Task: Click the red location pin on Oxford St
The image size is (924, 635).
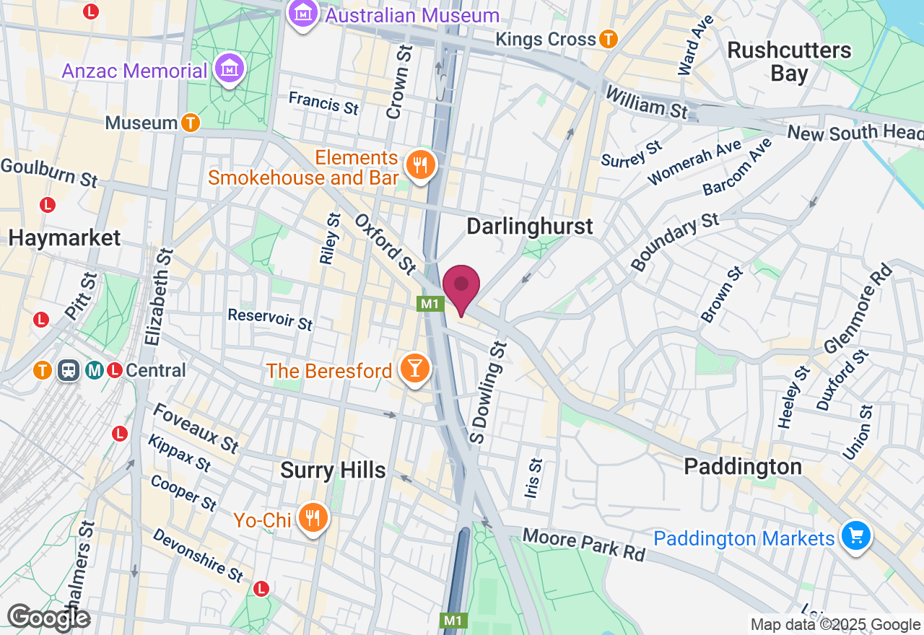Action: coord(461,286)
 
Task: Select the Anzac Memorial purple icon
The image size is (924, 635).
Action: coord(230,70)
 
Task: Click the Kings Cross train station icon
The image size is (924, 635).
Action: coord(609,39)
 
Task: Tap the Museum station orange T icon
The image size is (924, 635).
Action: coord(190,123)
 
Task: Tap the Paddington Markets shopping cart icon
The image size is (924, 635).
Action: coord(855,537)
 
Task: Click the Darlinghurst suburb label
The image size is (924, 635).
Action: coord(529,226)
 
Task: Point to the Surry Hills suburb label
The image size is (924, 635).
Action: coord(333,470)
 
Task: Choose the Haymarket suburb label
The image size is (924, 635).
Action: coord(64,237)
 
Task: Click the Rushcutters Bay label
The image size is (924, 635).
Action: coord(789,62)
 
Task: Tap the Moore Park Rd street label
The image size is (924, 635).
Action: coord(583,545)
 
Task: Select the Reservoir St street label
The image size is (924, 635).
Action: coord(270,318)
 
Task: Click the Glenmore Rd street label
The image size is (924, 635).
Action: coord(858,309)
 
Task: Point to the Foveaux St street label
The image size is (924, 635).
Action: coord(196,427)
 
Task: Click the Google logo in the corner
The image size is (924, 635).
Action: coord(48,618)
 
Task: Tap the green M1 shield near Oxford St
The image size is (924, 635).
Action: coord(430,304)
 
